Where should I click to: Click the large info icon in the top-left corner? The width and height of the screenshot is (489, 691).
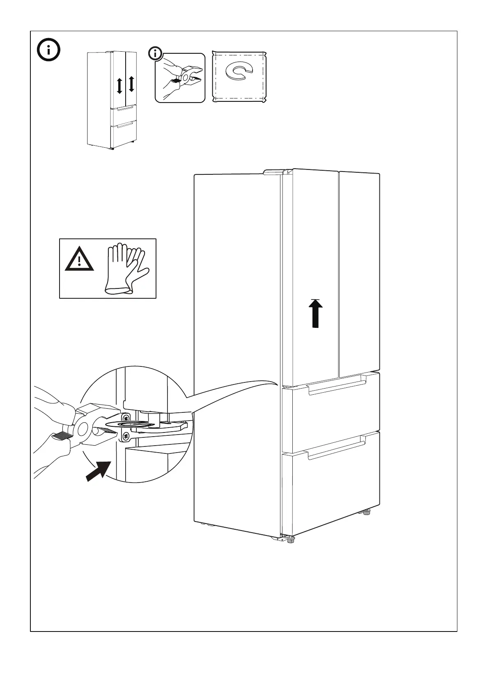point(48,51)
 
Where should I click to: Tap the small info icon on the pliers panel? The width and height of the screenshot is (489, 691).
point(155,53)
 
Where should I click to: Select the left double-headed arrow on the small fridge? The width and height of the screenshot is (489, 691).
point(119,85)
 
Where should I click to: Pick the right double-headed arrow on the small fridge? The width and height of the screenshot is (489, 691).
point(131,84)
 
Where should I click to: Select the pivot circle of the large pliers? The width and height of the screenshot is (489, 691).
point(83,429)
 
